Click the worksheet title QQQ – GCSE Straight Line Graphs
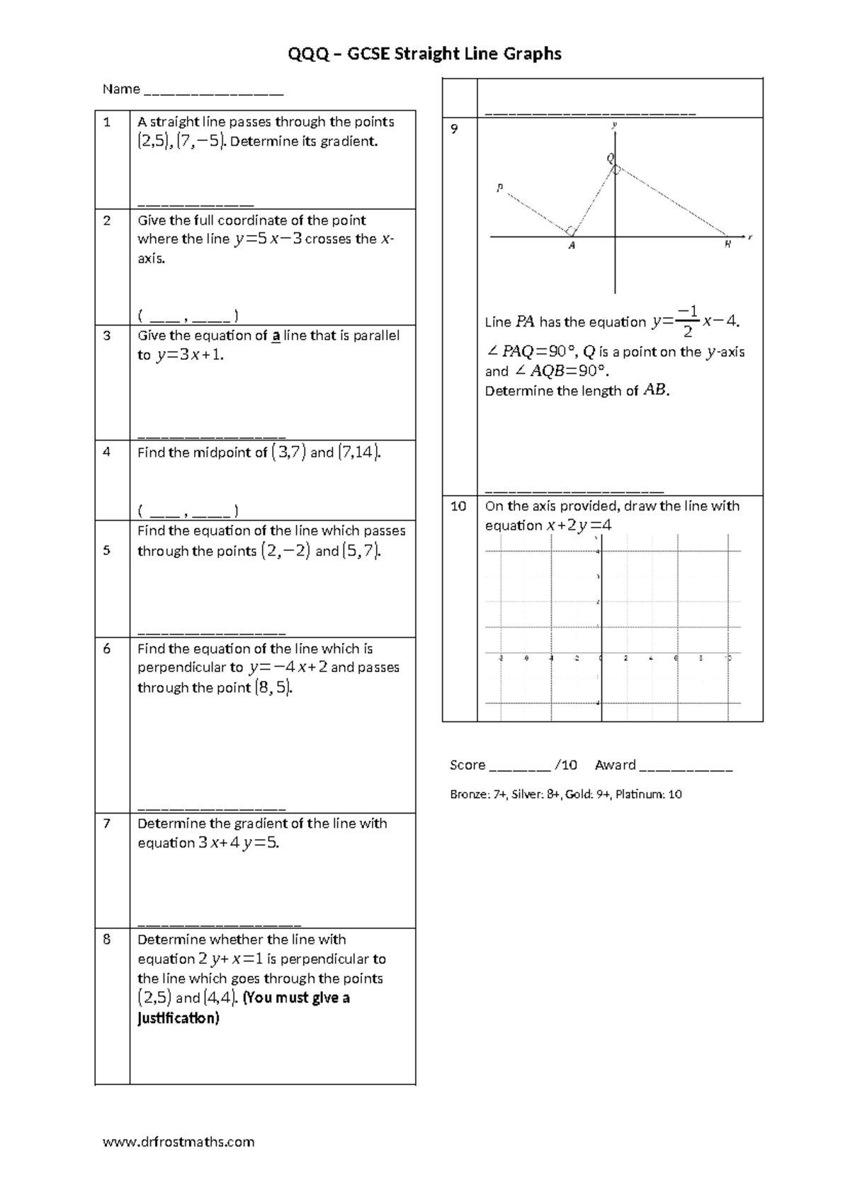point(424,54)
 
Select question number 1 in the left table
point(107,122)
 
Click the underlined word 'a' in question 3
point(276,336)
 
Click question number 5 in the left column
point(107,550)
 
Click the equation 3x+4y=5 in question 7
point(238,843)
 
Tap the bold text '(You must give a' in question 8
point(296,998)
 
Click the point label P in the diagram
point(499,188)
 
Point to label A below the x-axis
point(572,246)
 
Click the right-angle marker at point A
point(570,230)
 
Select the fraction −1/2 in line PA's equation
point(687,321)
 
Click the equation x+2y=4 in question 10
point(578,525)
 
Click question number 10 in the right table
point(458,506)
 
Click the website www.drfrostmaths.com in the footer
point(178,1142)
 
